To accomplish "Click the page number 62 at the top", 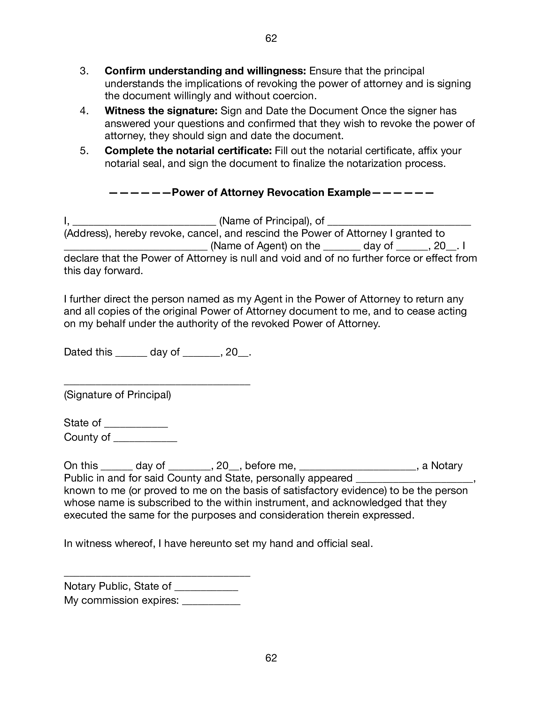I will (x=271, y=39).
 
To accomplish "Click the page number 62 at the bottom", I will (x=271, y=658).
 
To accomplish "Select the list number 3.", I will (x=84, y=71).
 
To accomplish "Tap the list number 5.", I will (x=84, y=151).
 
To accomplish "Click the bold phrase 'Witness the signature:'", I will (x=161, y=111).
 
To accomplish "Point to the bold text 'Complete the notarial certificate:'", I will (x=188, y=151).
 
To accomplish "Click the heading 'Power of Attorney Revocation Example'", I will (x=271, y=192).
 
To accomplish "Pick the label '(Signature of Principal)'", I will (x=118, y=395).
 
